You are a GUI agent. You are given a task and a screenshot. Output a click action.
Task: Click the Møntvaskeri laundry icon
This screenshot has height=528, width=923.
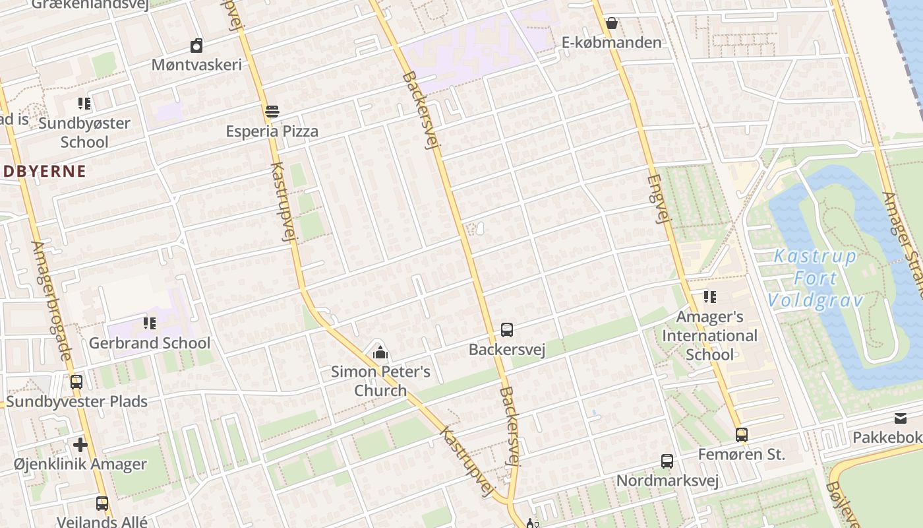(196, 46)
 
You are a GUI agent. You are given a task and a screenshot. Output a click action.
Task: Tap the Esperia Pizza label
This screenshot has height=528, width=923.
(272, 131)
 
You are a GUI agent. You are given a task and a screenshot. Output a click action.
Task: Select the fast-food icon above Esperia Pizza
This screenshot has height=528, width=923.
(272, 112)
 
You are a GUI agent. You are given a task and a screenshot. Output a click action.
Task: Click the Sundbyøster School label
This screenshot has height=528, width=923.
(84, 132)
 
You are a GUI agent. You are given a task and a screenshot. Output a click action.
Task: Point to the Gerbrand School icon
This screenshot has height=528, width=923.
(150, 323)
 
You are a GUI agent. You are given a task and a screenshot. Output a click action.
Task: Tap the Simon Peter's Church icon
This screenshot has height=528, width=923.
(380, 353)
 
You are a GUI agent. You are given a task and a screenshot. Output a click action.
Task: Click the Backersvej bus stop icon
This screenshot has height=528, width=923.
(506, 330)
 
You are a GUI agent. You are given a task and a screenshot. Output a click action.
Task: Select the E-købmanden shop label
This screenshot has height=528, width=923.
(611, 43)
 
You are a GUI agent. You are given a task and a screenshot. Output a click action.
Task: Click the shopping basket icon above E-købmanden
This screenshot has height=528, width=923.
(611, 24)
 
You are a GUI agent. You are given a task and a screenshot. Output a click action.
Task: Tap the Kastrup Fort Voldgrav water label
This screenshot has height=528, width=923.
(816, 279)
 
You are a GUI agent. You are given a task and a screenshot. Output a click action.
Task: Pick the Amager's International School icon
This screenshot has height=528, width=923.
(709, 297)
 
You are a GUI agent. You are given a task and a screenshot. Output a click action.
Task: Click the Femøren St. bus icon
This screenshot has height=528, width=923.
(742, 435)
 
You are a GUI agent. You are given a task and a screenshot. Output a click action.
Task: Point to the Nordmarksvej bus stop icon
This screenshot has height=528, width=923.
(667, 461)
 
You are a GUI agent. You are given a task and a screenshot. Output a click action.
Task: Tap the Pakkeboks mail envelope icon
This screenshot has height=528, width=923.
(900, 418)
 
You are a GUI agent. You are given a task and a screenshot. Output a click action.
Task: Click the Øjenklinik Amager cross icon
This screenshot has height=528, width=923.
(80, 445)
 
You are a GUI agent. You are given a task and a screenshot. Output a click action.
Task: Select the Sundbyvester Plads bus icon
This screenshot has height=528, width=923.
(76, 382)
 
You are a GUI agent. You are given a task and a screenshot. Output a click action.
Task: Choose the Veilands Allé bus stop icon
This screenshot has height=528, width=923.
(102, 504)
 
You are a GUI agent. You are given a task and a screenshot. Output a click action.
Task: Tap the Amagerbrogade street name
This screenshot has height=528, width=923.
(51, 300)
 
